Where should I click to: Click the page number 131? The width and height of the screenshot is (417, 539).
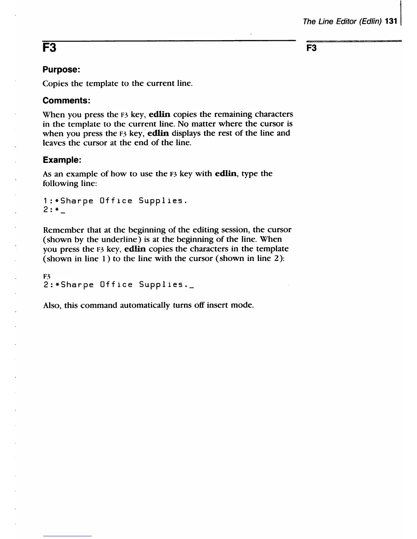tap(391, 21)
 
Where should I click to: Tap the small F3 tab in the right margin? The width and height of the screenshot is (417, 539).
tap(312, 48)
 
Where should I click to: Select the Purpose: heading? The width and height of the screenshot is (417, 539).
tap(61, 70)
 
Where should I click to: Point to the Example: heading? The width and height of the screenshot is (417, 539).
tap(62, 160)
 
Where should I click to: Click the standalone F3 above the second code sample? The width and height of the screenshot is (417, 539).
tap(47, 275)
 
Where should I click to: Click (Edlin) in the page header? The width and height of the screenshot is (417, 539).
tap(369, 21)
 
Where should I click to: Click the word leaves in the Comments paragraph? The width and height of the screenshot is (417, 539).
tap(54, 143)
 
